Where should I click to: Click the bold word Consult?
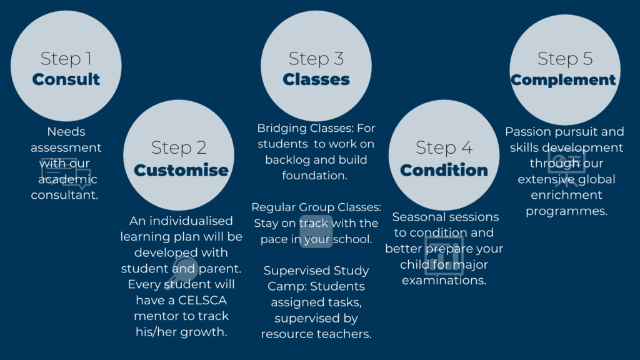point(66,79)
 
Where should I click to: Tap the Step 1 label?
point(66,59)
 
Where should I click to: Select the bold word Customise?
point(181,170)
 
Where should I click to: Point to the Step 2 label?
point(179,147)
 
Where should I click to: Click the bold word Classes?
point(316,79)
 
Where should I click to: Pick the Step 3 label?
point(316,59)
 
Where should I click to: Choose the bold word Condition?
point(444,170)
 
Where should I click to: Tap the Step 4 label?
point(444,147)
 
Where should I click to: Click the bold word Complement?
point(563,80)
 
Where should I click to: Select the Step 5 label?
point(565,59)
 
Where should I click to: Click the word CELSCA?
point(202,301)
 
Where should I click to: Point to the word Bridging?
point(282,129)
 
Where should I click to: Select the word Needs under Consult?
point(66,131)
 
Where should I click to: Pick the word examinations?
point(444,281)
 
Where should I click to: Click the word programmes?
point(566,211)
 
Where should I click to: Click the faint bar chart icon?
point(444,256)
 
